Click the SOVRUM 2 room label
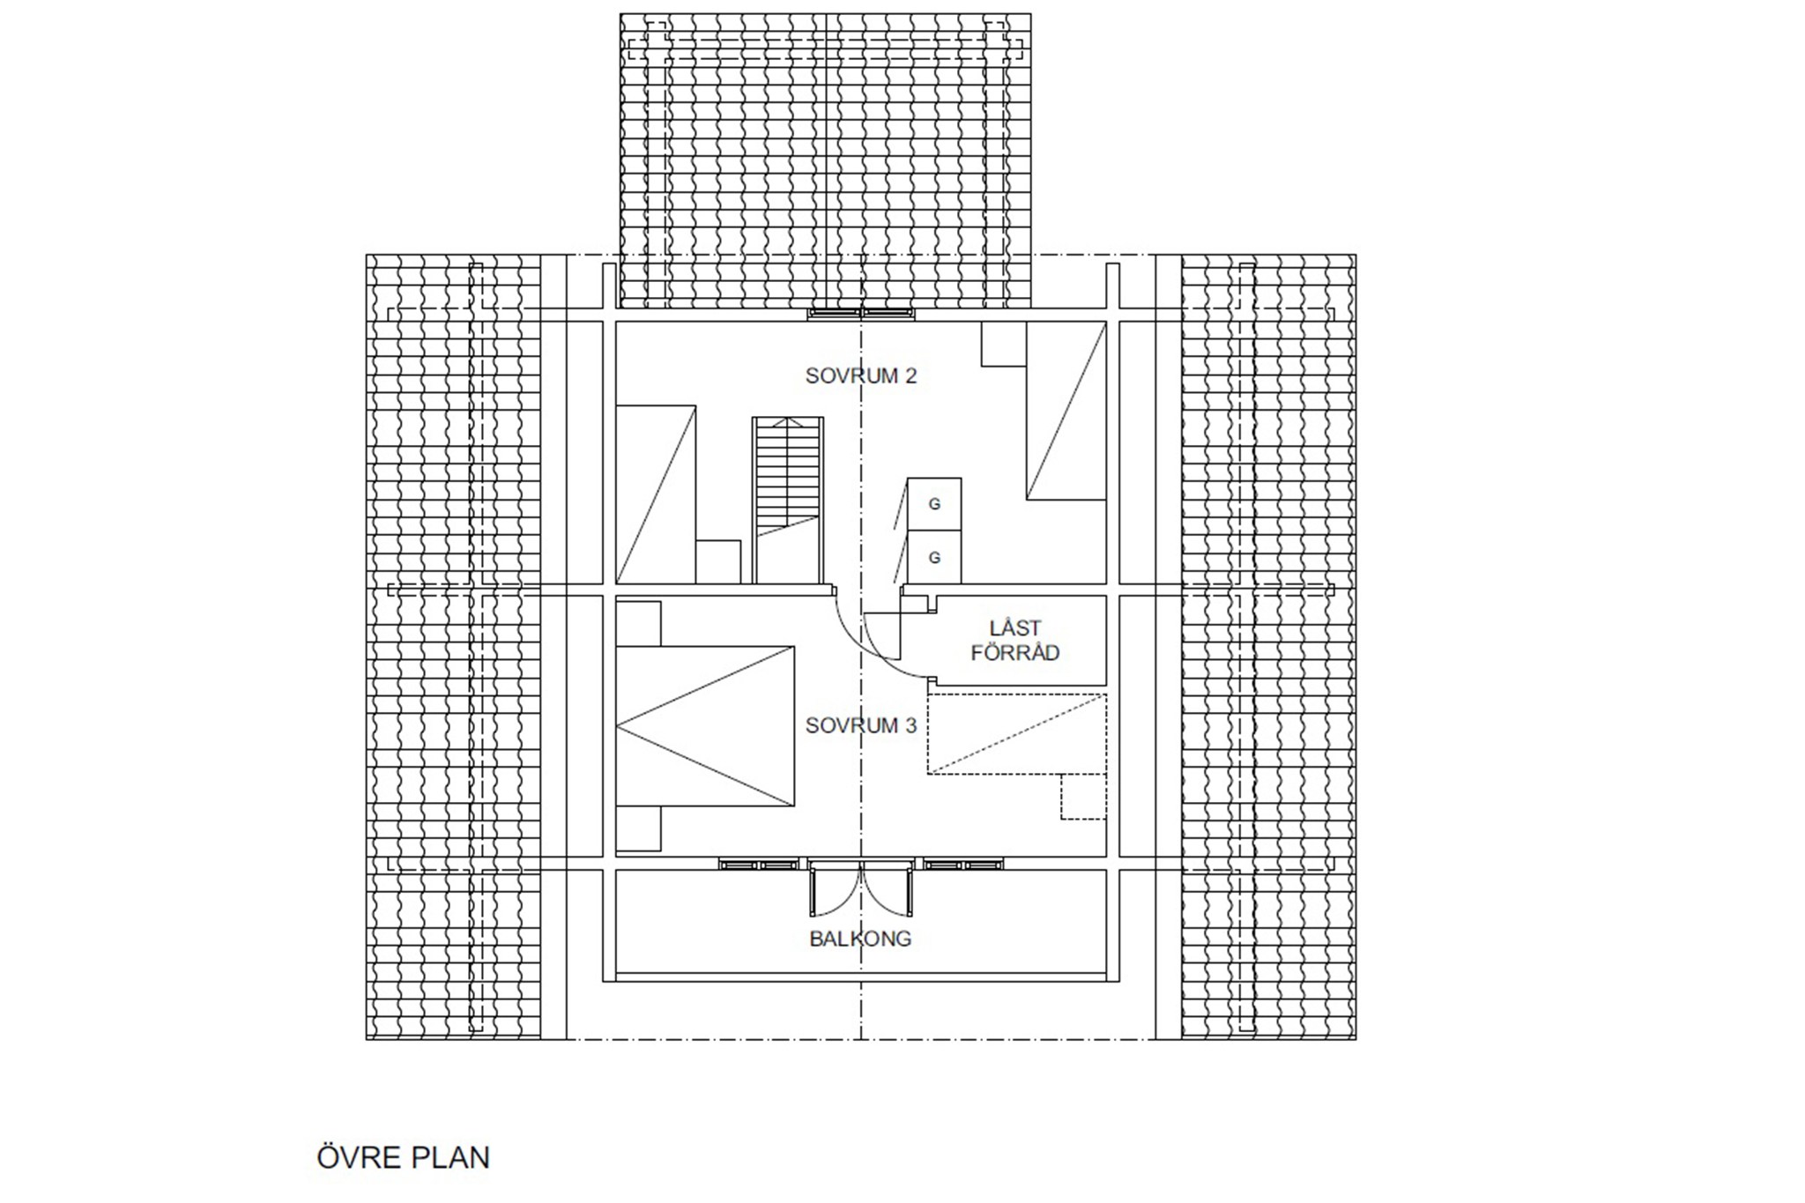coord(861,376)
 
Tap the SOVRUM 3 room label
coord(861,725)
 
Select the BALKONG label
coord(860,939)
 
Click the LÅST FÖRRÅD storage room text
coord(1014,641)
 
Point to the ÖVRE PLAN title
coord(404,1156)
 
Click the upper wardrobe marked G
coord(934,504)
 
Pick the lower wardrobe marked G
coord(934,557)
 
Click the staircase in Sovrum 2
coord(788,500)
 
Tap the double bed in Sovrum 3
coord(705,725)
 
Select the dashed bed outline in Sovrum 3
coord(1016,734)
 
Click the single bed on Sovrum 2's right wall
coord(1066,411)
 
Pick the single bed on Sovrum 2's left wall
coord(656,494)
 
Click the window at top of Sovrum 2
coord(861,313)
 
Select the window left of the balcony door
coord(759,865)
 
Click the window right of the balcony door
coord(963,865)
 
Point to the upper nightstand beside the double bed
coord(638,624)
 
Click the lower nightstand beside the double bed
coord(638,828)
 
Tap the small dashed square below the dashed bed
coord(1083,798)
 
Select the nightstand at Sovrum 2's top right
coord(1003,344)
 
